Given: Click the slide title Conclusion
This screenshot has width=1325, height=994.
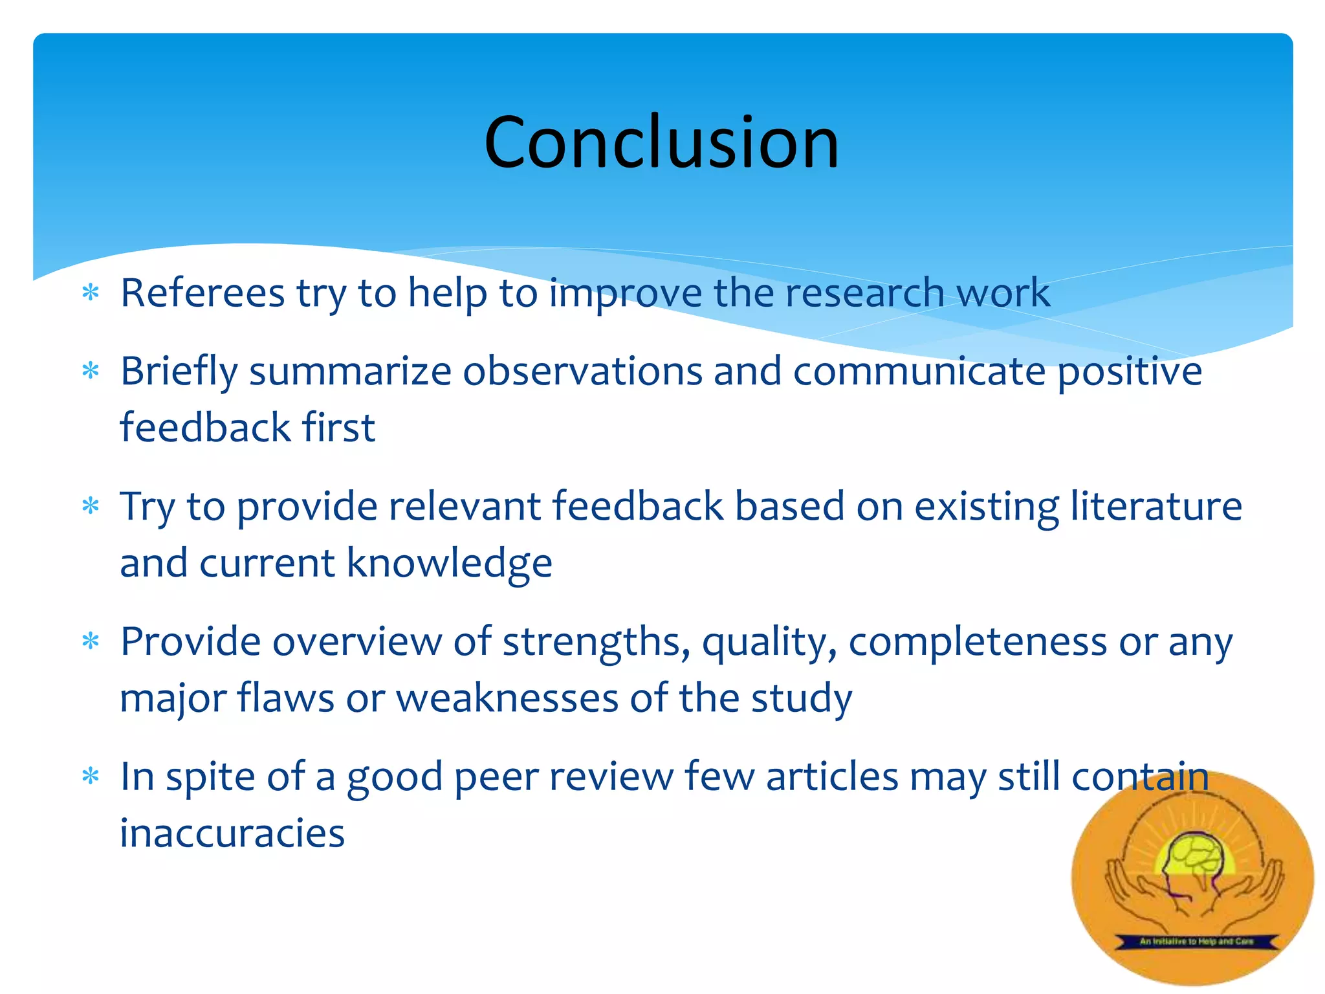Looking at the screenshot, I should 661,142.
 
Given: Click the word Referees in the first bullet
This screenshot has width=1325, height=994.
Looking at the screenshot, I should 203,293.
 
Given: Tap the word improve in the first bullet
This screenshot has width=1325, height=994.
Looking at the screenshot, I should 625,293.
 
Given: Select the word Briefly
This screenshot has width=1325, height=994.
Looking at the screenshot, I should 179,371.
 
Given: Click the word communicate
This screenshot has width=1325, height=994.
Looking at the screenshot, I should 919,371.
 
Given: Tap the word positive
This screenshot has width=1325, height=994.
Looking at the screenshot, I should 1130,371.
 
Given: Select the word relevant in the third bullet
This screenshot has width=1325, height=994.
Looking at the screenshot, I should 464,506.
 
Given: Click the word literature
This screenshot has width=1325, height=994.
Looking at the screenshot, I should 1155,506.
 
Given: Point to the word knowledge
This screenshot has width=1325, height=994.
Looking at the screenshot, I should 450,563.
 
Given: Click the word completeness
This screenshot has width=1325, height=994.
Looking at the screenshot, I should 978,642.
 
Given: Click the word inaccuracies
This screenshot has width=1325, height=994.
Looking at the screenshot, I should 232,833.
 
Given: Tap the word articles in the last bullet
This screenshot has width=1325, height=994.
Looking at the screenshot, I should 832,777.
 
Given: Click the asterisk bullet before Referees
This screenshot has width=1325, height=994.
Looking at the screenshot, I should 91,293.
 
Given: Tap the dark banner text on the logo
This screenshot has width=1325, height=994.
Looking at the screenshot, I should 1196,941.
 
